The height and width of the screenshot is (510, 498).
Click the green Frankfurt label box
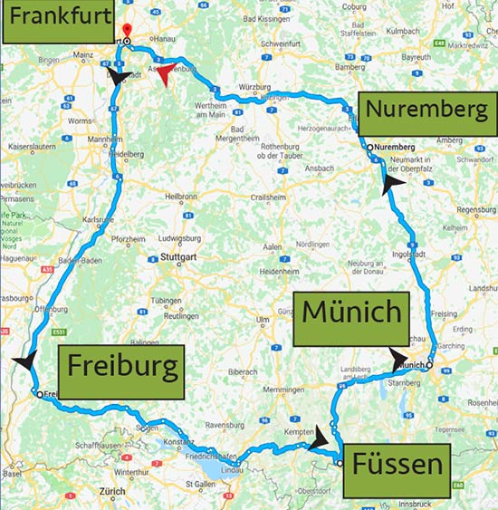pos(61,22)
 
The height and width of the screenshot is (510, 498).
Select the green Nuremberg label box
pos(428,112)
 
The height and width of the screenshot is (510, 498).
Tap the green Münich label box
pos(351,313)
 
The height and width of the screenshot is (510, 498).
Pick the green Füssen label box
pos(398,467)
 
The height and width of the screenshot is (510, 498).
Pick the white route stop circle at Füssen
pos(340,463)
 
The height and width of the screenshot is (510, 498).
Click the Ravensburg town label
pos(226,424)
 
